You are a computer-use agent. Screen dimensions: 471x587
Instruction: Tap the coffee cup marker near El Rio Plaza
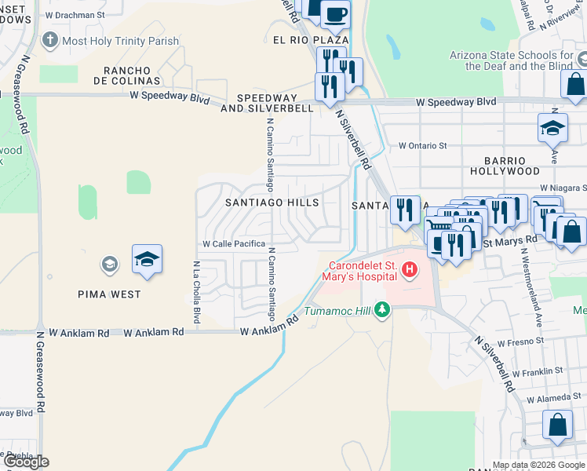click(x=336, y=13)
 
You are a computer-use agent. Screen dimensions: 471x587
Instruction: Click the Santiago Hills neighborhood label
click(x=272, y=203)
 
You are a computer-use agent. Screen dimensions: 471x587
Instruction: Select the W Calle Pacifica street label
click(x=234, y=244)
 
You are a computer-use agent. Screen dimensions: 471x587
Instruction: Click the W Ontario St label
click(x=422, y=146)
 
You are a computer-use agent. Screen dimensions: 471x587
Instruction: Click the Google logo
click(x=26, y=462)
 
